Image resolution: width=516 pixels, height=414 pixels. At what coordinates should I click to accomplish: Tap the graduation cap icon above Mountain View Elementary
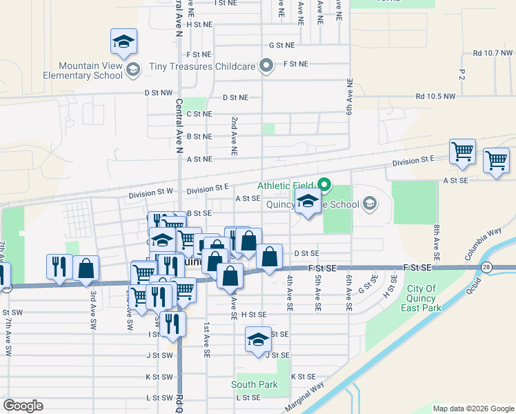point(123,43)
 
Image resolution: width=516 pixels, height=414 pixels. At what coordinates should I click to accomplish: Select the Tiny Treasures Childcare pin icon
point(267,66)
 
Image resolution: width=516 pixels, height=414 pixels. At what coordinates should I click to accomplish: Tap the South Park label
point(255,384)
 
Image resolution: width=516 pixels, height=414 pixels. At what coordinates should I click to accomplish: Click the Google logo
point(23,406)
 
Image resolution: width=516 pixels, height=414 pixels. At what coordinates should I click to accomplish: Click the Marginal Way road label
point(304,396)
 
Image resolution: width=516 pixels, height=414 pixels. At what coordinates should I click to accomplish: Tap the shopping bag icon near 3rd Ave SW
point(86,270)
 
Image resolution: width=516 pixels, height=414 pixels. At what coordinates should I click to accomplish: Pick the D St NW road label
point(158,92)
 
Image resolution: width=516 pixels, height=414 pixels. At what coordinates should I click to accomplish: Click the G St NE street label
point(281,45)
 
